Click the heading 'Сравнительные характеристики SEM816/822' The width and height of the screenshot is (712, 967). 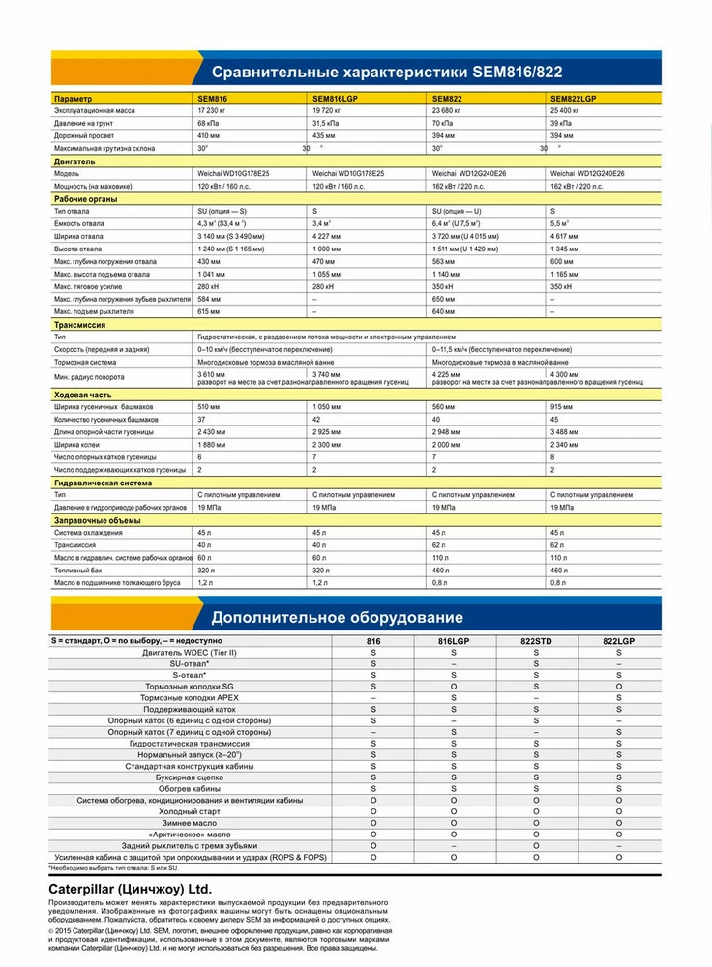[387, 73]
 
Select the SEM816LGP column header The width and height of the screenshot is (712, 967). [334, 99]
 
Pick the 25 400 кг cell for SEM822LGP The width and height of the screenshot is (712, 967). [570, 111]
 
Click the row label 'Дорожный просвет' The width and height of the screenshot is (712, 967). [85, 136]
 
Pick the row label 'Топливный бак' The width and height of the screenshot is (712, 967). [80, 571]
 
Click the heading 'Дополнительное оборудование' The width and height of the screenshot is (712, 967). [337, 617]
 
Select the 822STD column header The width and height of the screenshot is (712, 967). [535, 641]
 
